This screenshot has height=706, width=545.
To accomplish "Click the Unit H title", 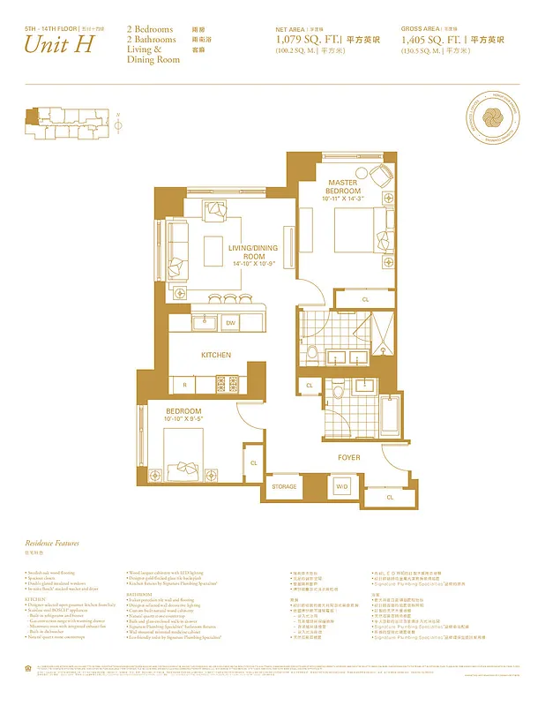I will [x=60, y=46].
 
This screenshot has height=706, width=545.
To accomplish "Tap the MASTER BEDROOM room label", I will [x=343, y=186].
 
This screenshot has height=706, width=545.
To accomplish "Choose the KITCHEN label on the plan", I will [x=216, y=355].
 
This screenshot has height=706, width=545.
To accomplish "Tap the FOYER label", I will [x=349, y=458].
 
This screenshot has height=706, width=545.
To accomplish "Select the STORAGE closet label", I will [x=284, y=486].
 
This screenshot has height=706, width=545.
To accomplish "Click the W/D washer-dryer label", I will [x=342, y=486].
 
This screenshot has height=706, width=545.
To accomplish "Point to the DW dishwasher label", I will [x=230, y=324].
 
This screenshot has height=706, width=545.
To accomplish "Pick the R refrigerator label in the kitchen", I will [x=184, y=386].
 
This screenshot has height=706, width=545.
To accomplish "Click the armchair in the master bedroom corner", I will [x=383, y=176].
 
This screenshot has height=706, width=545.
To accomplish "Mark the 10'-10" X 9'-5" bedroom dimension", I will [x=184, y=420].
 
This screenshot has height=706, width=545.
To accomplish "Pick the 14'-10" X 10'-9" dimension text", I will [x=254, y=264].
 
